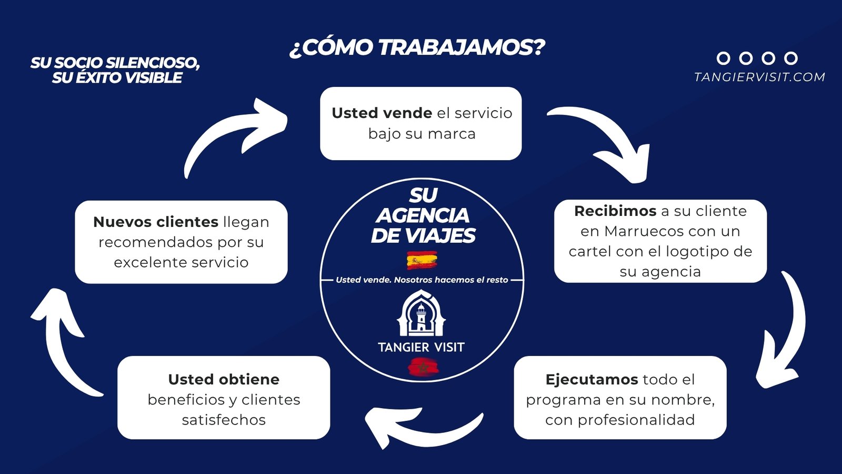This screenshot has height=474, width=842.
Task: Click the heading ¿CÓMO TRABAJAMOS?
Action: tap(417, 48)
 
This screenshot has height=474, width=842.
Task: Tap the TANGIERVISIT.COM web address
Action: tap(759, 77)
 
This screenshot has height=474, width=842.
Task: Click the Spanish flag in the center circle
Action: tap(422, 260)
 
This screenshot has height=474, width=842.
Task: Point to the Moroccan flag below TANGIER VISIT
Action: tap(423, 367)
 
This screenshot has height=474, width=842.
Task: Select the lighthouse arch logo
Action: tap(421, 313)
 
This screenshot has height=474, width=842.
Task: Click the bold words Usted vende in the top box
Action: tap(382, 113)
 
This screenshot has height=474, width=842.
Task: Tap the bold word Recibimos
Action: tap(615, 211)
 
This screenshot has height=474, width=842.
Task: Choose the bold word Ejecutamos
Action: tap(592, 380)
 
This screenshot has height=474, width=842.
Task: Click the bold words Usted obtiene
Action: tap(224, 379)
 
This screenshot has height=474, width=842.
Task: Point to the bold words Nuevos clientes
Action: tap(156, 222)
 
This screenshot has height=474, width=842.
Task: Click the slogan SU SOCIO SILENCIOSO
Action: tap(115, 63)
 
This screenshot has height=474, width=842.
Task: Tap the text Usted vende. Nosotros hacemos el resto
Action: tap(422, 280)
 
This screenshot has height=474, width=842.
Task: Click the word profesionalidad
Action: tap(636, 420)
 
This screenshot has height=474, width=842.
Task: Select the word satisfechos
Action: tap(224, 420)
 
